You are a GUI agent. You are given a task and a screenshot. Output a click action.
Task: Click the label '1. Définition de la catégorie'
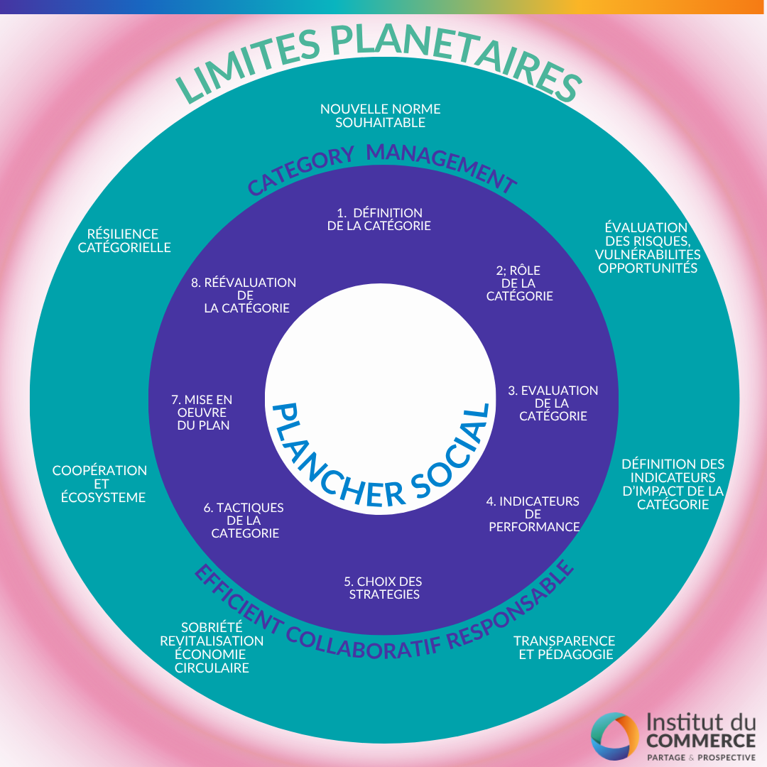(x=379, y=219)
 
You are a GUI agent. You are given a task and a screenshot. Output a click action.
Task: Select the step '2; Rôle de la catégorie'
(x=519, y=283)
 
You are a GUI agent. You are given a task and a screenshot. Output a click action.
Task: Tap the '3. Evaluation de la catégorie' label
(x=553, y=403)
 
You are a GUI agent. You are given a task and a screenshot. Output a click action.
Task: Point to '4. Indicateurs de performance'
(x=533, y=513)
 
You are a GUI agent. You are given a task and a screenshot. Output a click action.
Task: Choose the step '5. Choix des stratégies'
(x=384, y=587)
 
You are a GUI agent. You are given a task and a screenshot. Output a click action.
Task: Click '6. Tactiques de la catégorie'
(x=244, y=520)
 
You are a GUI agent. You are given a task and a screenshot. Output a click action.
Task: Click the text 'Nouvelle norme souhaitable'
(x=381, y=116)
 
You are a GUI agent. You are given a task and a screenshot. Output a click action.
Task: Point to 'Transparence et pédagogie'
(x=565, y=647)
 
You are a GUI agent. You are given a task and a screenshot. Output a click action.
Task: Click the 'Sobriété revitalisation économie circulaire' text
(x=212, y=647)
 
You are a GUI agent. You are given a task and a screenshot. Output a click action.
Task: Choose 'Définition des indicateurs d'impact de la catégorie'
(x=673, y=484)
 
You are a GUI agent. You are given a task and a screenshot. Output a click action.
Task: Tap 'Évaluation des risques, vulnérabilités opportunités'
(x=647, y=247)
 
